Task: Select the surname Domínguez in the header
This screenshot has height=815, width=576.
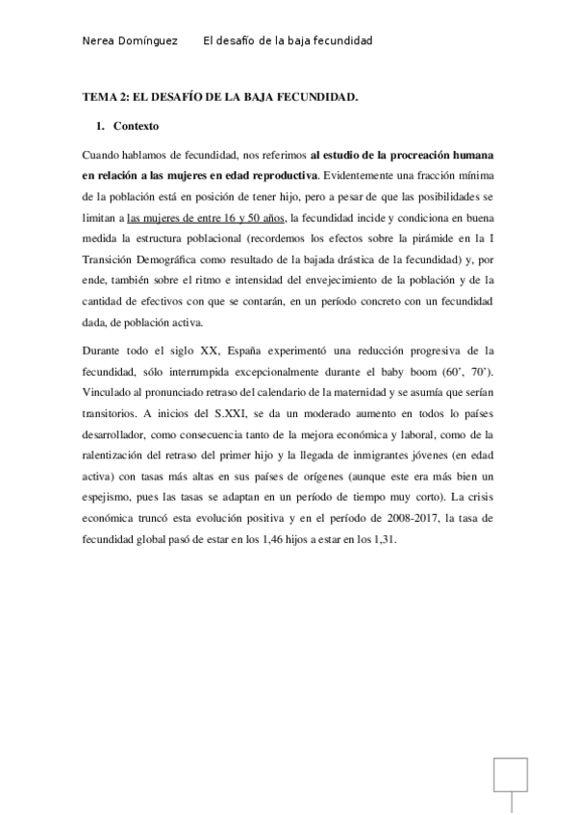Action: [x=154, y=41]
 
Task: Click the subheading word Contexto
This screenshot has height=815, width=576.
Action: [x=136, y=126]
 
